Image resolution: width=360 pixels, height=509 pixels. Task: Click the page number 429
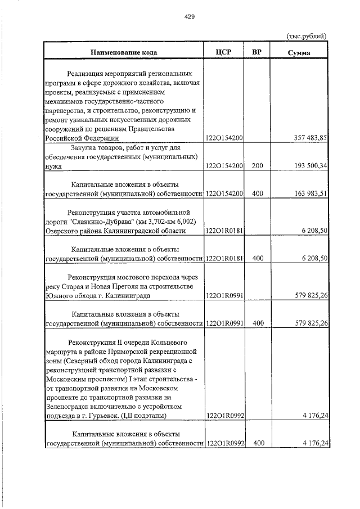click(190, 17)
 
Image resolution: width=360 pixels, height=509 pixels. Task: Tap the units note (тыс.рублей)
click(307, 37)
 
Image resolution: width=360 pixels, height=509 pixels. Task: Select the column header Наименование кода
click(123, 52)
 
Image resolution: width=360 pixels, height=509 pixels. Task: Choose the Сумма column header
click(299, 52)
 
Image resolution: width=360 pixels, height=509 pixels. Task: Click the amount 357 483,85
click(310, 138)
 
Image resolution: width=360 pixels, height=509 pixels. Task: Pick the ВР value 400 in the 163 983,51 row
click(258, 193)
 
